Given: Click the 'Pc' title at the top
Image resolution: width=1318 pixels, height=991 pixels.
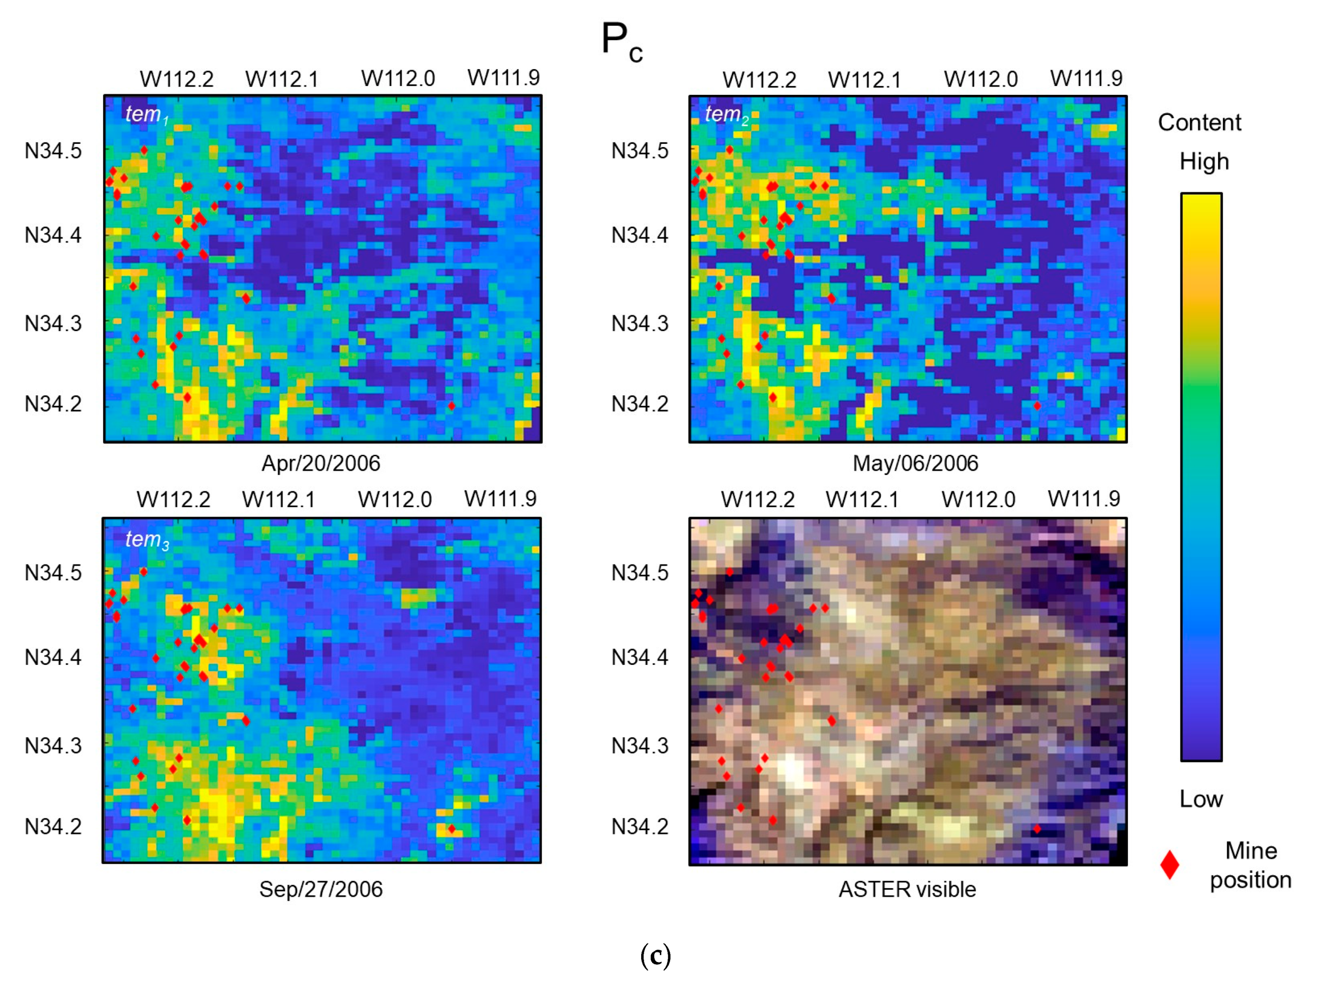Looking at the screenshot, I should point(621,42).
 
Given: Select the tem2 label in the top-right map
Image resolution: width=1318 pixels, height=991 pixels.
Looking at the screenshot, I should point(726,114).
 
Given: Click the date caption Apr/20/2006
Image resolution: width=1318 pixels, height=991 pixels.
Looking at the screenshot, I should point(320,463).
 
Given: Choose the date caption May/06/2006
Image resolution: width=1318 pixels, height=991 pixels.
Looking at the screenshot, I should point(915,463).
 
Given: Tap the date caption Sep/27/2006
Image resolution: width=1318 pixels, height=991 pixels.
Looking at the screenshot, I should point(320,889).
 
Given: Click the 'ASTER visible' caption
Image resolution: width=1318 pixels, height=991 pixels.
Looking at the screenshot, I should point(907,889).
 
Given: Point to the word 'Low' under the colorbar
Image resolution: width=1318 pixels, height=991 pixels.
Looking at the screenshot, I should point(1201,799).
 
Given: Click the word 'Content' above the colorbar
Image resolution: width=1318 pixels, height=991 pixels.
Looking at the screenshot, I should point(1199,122).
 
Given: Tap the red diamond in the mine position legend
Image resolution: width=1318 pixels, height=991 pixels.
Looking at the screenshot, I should point(1170,865).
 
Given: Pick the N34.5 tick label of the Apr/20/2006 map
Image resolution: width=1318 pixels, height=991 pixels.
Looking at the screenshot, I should point(53,151).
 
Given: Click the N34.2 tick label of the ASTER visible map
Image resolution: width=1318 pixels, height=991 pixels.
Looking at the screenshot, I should point(640,827).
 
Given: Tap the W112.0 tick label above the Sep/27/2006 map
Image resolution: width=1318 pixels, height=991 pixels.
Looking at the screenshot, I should point(395,499).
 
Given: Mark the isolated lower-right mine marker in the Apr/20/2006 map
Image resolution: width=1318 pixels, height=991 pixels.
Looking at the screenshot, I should point(452,406).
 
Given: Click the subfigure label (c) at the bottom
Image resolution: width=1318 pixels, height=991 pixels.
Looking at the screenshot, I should point(655,956).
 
